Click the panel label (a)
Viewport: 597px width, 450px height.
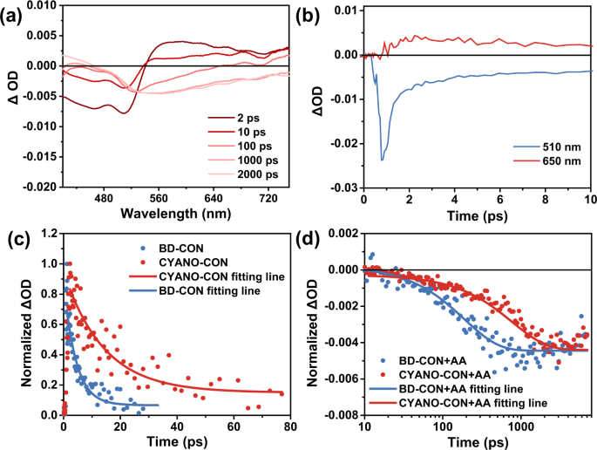(15, 13)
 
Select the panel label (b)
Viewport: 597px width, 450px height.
(324, 13)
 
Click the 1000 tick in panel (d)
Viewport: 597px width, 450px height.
(520, 427)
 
